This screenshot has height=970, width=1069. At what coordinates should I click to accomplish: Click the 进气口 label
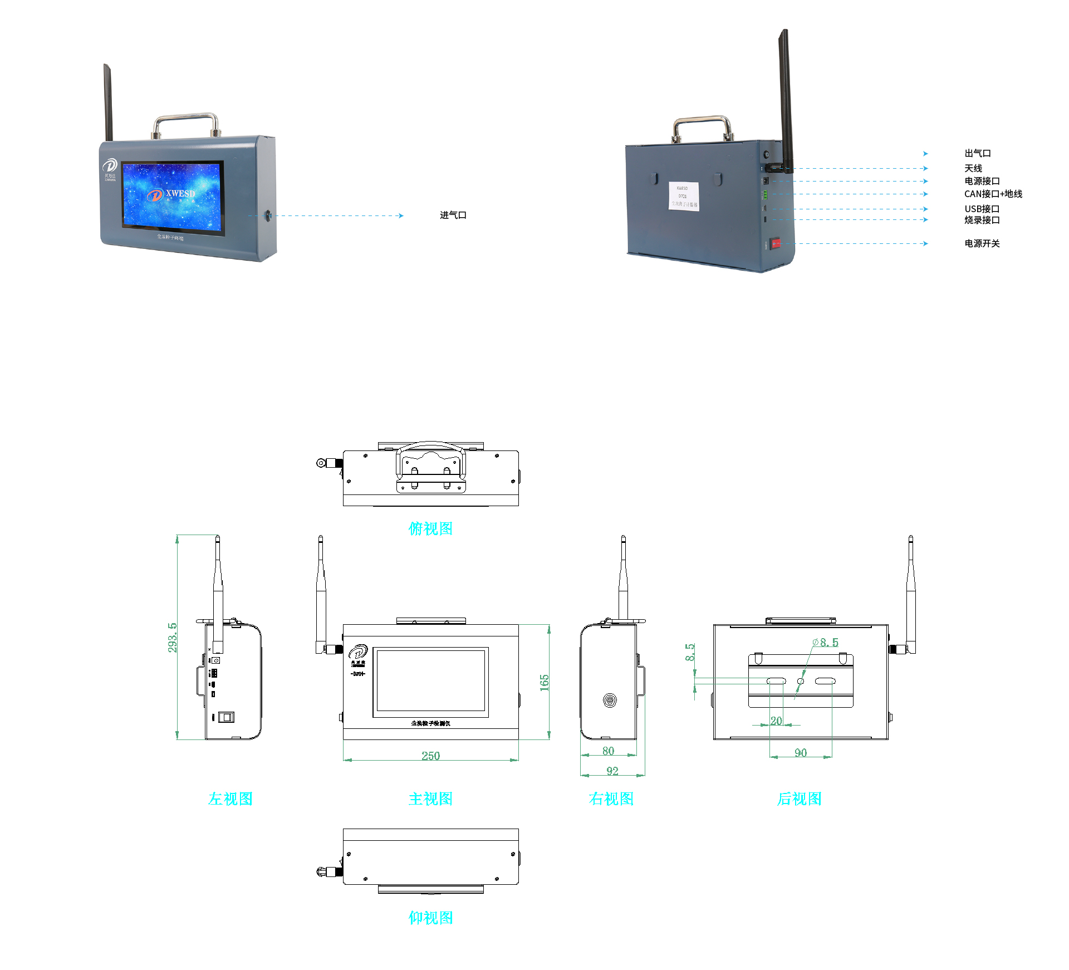[x=453, y=215]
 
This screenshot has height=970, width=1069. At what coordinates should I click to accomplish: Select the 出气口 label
[x=977, y=154]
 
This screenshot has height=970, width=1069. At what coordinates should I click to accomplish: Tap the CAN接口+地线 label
[x=993, y=194]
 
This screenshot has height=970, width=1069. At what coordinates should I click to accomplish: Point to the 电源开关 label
[x=982, y=244]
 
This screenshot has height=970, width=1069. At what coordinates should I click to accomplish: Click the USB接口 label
[x=982, y=209]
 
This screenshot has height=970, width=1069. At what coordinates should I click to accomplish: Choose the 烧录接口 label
[x=982, y=221]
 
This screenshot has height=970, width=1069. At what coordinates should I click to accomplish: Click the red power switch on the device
[x=775, y=243]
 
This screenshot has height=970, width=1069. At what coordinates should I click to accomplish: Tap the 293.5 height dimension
[x=173, y=637]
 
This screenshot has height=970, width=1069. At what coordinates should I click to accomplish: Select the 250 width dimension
[x=430, y=756]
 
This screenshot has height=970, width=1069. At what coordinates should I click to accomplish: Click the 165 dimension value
[x=544, y=683]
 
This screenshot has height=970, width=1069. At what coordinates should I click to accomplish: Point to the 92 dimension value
[x=612, y=771]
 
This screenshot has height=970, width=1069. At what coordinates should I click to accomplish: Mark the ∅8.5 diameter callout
[x=826, y=643]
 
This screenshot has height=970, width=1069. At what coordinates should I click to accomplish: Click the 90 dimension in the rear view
[x=801, y=753]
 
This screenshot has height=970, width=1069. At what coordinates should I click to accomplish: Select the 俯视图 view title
[x=430, y=528]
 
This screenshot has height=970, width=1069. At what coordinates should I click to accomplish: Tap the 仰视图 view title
[x=430, y=918]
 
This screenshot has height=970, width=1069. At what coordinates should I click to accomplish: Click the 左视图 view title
[x=231, y=799]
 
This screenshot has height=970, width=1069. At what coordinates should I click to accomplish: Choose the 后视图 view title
[x=799, y=799]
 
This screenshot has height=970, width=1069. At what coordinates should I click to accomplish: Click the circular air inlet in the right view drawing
[x=610, y=700]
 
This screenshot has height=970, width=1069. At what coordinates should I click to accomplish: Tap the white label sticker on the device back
[x=683, y=196]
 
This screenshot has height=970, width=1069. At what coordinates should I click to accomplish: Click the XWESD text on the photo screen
[x=180, y=193]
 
